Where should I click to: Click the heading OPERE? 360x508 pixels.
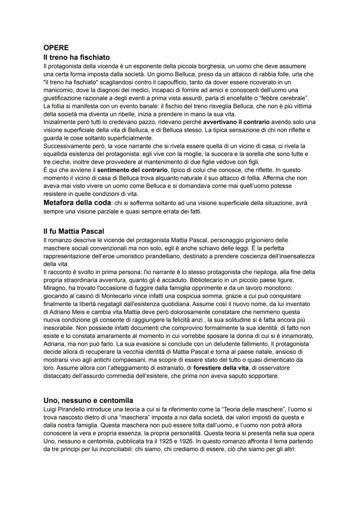(x=56, y=48)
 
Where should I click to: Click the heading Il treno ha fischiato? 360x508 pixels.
(x=76, y=57)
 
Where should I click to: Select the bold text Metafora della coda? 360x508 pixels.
(x=77, y=202)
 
